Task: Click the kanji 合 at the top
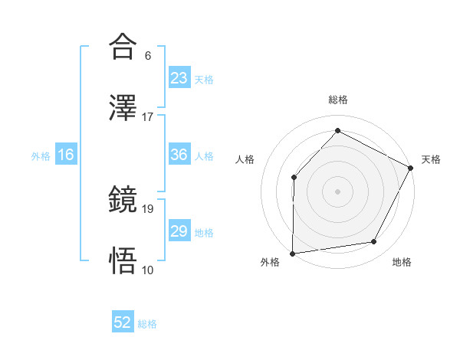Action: click(x=123, y=47)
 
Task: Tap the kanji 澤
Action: click(x=123, y=108)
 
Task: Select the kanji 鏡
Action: click(x=123, y=200)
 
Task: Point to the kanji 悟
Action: click(x=123, y=261)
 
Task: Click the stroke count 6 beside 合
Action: click(x=147, y=56)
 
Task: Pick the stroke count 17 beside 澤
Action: click(x=148, y=117)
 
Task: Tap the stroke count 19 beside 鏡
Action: click(x=148, y=208)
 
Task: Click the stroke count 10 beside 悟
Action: click(x=148, y=270)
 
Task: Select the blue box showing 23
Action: click(x=179, y=79)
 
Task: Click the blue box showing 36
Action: click(x=179, y=155)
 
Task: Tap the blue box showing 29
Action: click(x=179, y=231)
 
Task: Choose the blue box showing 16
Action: click(x=65, y=155)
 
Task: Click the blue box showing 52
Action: click(x=123, y=323)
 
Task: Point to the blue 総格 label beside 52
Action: click(x=147, y=324)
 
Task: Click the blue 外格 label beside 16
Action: click(x=41, y=156)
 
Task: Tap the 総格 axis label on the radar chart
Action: click(x=338, y=100)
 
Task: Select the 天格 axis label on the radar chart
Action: click(x=431, y=159)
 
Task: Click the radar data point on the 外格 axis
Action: click(x=292, y=254)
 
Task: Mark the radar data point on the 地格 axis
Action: click(x=374, y=242)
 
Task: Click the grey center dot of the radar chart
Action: click(x=338, y=191)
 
